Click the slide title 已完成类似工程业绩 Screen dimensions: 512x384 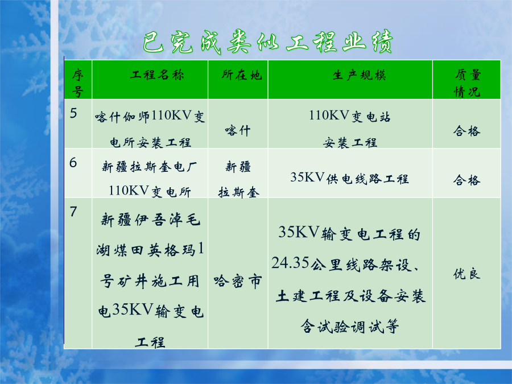(x=268, y=42)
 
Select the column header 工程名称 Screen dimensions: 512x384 (x=157, y=75)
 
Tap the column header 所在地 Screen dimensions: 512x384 (x=242, y=75)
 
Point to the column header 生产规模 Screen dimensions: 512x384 (x=360, y=75)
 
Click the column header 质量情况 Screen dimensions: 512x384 (x=467, y=83)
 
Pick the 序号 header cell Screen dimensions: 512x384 (x=78, y=83)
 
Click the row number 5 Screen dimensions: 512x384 (x=73, y=113)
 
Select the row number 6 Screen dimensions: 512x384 (x=73, y=163)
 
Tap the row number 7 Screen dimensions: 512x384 (x=73, y=212)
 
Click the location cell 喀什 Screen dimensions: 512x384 (x=238, y=131)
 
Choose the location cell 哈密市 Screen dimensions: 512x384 (x=238, y=281)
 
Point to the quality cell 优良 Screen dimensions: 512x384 (x=467, y=274)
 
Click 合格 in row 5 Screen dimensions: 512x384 (x=467, y=131)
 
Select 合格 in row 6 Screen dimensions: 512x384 (x=467, y=180)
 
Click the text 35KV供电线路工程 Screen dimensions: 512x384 (x=350, y=178)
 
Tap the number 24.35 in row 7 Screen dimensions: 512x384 (x=290, y=263)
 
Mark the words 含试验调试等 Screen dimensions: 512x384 (x=350, y=326)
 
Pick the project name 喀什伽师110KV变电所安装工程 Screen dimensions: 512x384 (x=150, y=129)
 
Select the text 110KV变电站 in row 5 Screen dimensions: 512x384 (x=350, y=116)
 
